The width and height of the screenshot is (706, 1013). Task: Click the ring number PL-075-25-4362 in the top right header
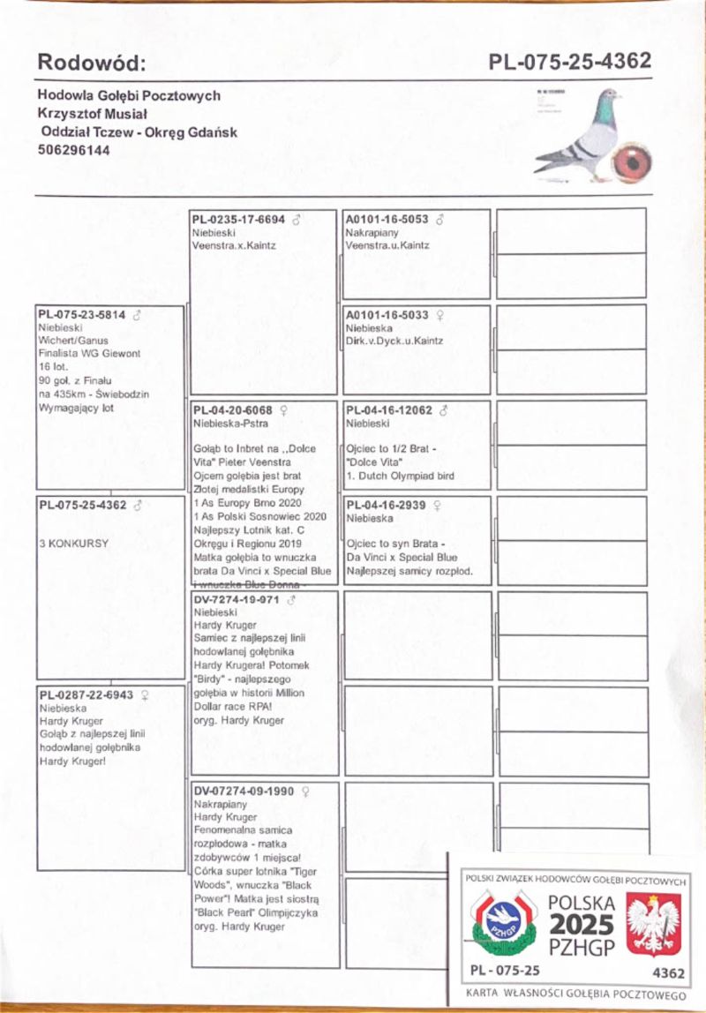[570, 61]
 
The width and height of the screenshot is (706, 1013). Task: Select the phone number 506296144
[73, 150]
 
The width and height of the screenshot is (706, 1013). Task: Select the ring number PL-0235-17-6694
[238, 219]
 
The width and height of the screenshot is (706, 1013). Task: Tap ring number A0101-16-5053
[387, 219]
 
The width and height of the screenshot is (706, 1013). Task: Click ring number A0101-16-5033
[387, 314]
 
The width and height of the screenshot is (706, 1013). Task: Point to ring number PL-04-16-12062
[388, 409]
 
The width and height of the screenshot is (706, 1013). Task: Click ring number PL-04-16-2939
[385, 506]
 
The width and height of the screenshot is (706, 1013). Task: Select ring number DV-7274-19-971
[236, 599]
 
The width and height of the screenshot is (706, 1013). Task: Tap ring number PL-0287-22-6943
[86, 694]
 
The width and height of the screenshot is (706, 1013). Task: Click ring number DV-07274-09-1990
[243, 792]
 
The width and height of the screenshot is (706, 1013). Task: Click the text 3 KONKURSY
[74, 544]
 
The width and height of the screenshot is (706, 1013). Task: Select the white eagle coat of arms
[653, 924]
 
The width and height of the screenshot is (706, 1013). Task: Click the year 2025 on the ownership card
[581, 925]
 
